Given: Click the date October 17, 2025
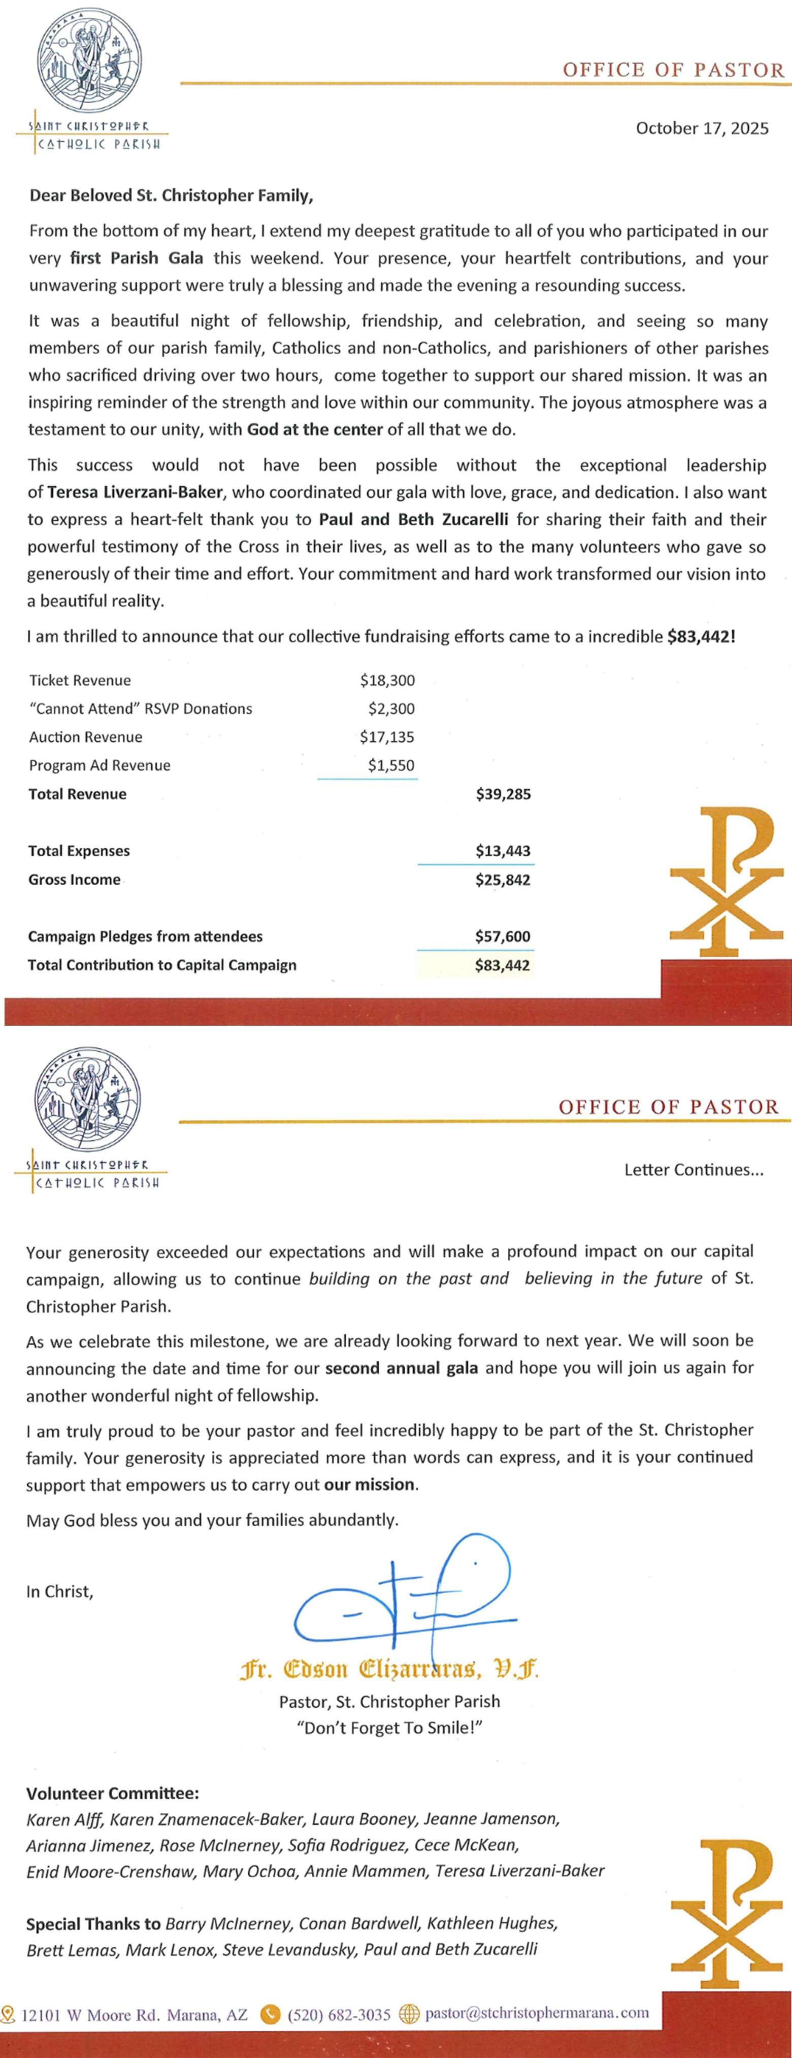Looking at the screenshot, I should tap(702, 128).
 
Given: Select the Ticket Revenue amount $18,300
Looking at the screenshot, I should tap(387, 681).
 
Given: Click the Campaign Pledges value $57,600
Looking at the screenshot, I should tap(503, 936).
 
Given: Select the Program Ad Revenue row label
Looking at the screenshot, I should tap(100, 765).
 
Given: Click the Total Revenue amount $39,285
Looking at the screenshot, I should tap(503, 794).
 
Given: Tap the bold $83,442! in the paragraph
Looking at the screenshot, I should tap(700, 637).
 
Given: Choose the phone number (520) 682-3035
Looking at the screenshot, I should tap(339, 2015).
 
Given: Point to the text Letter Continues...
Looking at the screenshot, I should tap(693, 1170).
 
